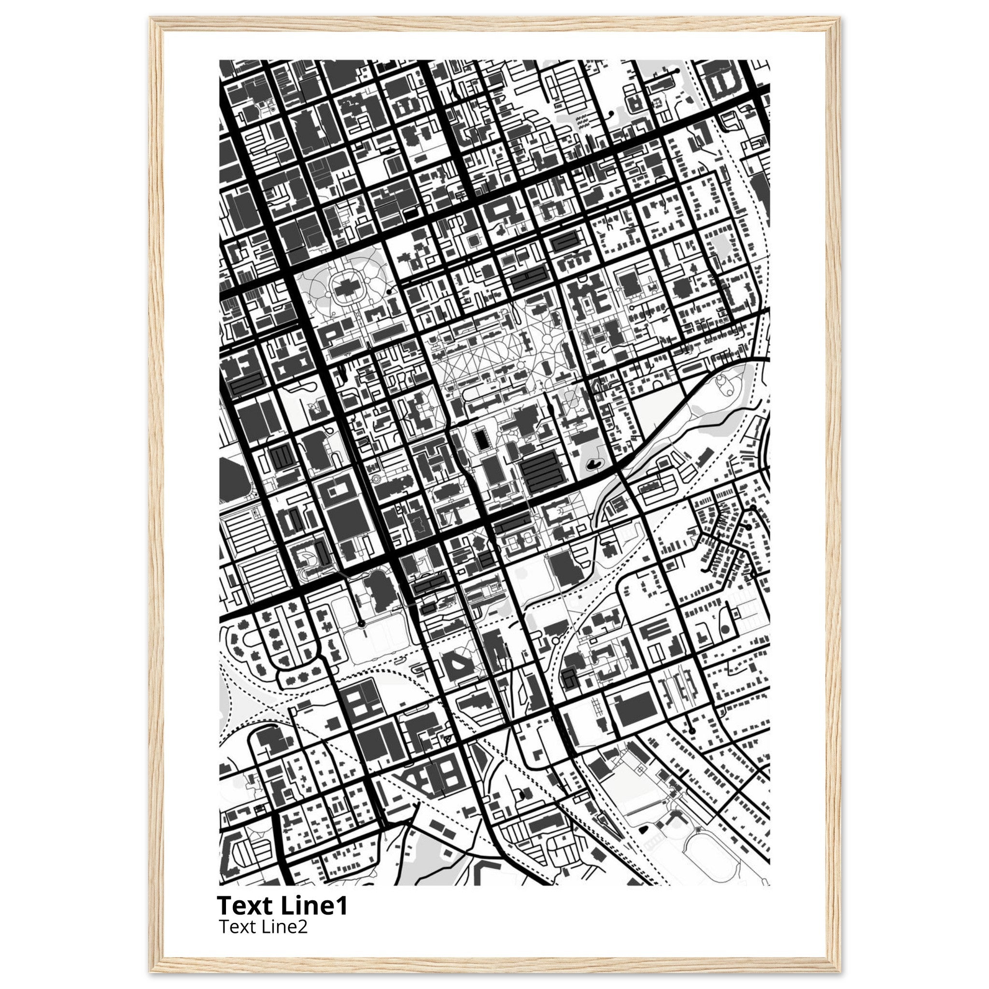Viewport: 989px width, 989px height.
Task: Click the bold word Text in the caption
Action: point(246,905)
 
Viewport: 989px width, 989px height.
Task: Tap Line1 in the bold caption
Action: point(314,905)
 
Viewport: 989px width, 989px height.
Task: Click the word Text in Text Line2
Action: point(236,927)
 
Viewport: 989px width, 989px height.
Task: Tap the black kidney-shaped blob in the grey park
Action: point(594,464)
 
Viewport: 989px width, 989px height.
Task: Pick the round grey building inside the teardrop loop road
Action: point(725,630)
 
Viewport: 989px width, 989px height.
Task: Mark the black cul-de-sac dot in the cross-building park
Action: point(390,291)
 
